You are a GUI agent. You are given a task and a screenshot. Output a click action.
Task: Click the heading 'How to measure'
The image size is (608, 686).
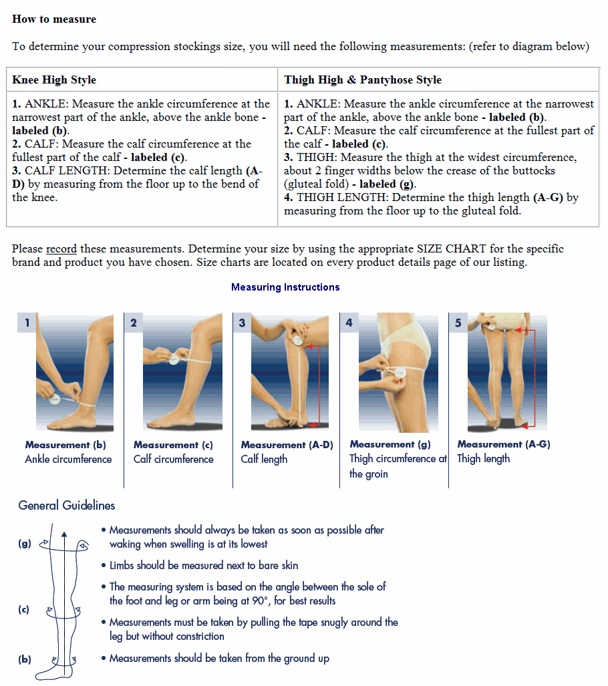[x=54, y=19]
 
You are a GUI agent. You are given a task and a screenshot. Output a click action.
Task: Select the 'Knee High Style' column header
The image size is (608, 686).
[x=54, y=80]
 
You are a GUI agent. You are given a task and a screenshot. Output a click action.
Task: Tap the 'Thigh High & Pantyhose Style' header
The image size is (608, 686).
[x=363, y=80]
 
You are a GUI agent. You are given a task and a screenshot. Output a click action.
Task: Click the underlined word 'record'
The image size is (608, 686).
[x=61, y=249]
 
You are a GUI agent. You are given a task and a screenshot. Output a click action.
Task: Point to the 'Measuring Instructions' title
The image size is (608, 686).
[x=285, y=287]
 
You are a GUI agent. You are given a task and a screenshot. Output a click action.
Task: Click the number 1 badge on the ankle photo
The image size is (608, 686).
[x=27, y=323]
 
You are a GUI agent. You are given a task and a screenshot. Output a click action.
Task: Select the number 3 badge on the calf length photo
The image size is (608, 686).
[x=242, y=323]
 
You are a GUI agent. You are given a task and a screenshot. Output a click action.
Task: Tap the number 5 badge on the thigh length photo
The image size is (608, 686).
[x=458, y=323]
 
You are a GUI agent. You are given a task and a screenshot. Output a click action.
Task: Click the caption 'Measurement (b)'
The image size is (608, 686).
[x=65, y=445]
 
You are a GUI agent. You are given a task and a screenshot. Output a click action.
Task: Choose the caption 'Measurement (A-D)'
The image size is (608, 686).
[x=287, y=445]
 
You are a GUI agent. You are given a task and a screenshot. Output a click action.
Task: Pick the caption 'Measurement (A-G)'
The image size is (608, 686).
[x=504, y=444]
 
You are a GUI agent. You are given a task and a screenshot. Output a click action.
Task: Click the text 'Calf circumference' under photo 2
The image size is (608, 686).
[x=174, y=460]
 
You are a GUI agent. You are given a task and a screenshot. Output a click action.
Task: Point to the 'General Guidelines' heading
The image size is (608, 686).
[x=67, y=506]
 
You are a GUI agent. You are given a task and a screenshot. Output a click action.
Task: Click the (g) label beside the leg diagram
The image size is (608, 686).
[x=25, y=544]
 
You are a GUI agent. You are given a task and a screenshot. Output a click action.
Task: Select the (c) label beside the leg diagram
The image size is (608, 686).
[x=25, y=610]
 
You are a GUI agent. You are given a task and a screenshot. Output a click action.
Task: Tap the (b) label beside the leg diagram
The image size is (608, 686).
[x=25, y=659]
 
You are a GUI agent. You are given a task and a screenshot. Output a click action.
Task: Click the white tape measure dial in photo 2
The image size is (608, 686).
[x=174, y=359]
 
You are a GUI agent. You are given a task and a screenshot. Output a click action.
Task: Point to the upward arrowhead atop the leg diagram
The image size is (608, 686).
[x=64, y=534]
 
